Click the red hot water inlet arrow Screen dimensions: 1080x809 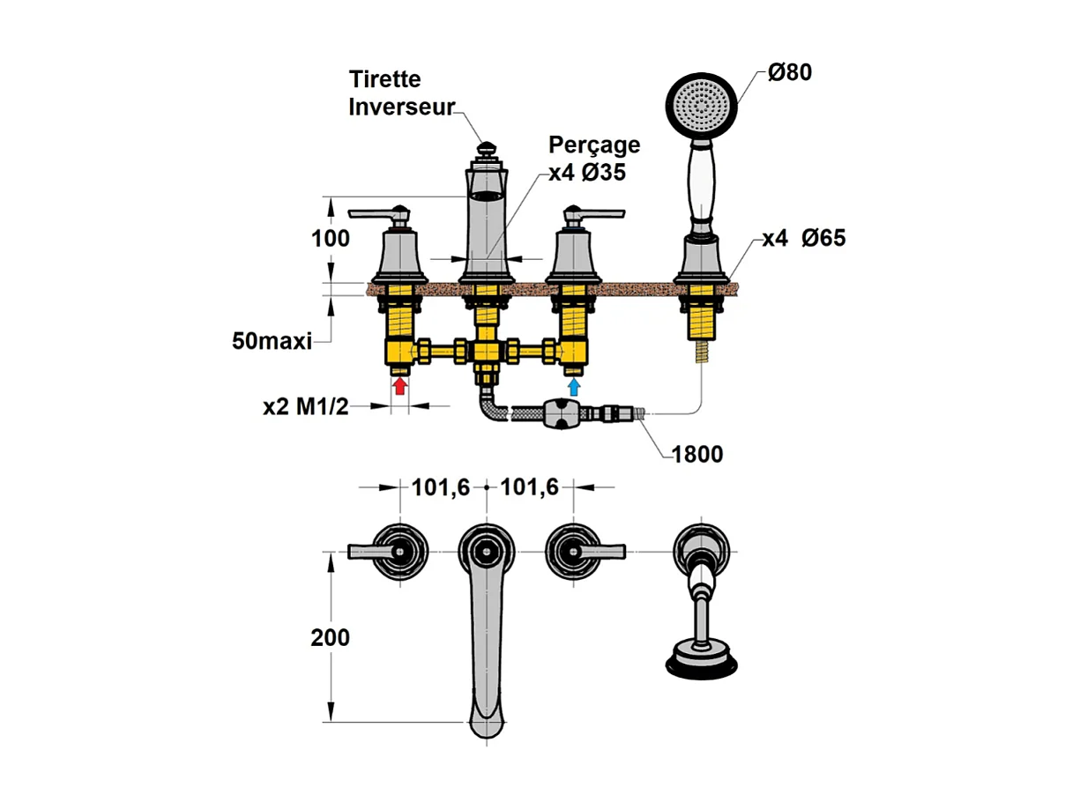pyautogui.click(x=400, y=386)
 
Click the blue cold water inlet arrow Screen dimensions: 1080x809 pyautogui.click(x=574, y=387)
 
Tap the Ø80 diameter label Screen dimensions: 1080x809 pyautogui.click(x=790, y=72)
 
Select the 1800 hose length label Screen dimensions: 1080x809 pyautogui.click(x=697, y=454)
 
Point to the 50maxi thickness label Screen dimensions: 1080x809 pyautogui.click(x=272, y=341)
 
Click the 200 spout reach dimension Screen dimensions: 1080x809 pyautogui.click(x=330, y=637)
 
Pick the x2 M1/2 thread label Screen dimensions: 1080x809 pyautogui.click(x=306, y=407)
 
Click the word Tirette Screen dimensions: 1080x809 pyautogui.click(x=384, y=79)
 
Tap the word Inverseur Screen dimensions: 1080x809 pyautogui.click(x=401, y=107)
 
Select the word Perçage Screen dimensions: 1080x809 pyautogui.click(x=594, y=145)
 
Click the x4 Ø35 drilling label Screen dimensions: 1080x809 pyautogui.click(x=587, y=173)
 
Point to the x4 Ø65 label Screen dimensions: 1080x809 pyautogui.click(x=804, y=238)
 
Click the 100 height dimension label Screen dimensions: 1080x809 pyautogui.click(x=330, y=239)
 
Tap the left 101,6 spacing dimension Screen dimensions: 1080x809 pyautogui.click(x=441, y=487)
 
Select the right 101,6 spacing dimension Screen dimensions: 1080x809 pyautogui.click(x=530, y=487)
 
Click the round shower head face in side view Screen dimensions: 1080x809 pyautogui.click(x=701, y=105)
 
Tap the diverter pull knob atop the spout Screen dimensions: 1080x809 pyautogui.click(x=487, y=149)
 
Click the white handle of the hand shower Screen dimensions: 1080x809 pyautogui.click(x=701, y=184)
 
